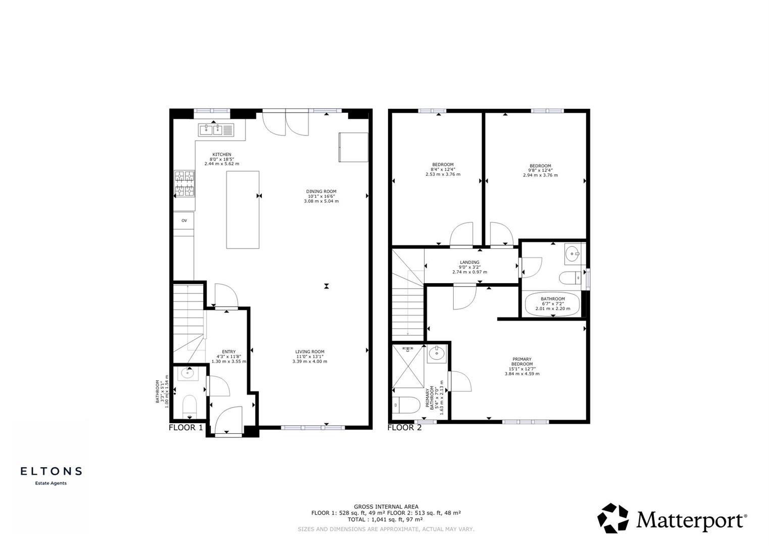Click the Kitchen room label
[x=221, y=154]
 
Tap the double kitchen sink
[x=216, y=130]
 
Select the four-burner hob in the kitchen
[x=184, y=184]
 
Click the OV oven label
[x=184, y=220]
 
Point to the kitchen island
[x=243, y=209]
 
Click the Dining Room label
[x=321, y=192]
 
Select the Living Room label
[x=310, y=352]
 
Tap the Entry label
[x=228, y=352]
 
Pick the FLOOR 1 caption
[x=185, y=428]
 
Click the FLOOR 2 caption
[x=404, y=428]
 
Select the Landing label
[x=469, y=262]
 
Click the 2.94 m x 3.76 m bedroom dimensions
[x=540, y=175]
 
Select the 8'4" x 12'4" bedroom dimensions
[x=443, y=170]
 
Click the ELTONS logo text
[x=51, y=471]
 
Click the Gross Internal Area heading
[x=386, y=507]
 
